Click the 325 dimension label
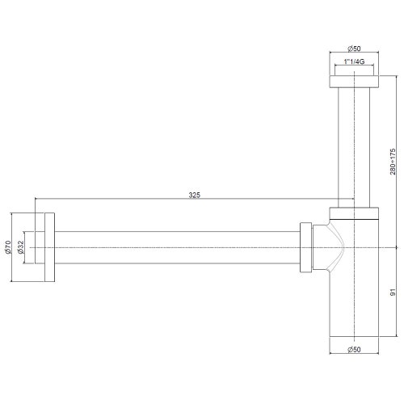pyautogui.click(x=195, y=195)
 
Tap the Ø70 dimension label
pyautogui.click(x=8, y=247)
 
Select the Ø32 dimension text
pyautogui.click(x=20, y=247)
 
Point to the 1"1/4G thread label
pyautogui.click(x=354, y=61)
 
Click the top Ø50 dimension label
pyautogui.click(x=354, y=48)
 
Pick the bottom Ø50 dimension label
pyautogui.click(x=354, y=350)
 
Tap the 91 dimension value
pyautogui.click(x=393, y=292)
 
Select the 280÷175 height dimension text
pyautogui.click(x=393, y=162)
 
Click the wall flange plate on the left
pyautogui.click(x=49, y=247)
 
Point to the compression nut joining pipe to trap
pyautogui.click(x=306, y=247)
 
